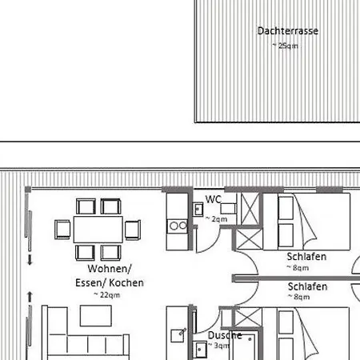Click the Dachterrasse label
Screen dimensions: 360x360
point(288,31)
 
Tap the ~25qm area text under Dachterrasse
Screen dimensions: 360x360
point(285,46)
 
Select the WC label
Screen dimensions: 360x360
point(213,199)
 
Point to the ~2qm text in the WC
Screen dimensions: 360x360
point(216,219)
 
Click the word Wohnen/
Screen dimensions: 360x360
point(110,269)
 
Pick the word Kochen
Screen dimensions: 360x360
point(126,282)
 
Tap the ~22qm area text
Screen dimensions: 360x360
point(106,295)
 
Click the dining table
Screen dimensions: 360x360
point(98,230)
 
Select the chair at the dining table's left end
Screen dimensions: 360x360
point(62,230)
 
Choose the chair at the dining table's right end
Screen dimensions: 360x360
point(133,230)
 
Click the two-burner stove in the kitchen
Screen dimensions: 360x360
point(178,226)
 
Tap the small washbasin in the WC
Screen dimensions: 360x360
point(198,210)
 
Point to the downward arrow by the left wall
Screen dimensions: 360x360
point(30,259)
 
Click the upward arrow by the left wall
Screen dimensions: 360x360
point(30,297)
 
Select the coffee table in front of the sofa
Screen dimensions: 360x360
point(96,316)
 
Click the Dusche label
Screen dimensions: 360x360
point(225,335)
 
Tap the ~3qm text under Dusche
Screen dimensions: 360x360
point(218,346)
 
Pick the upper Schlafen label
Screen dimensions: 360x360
point(306,257)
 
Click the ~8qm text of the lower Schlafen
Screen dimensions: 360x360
point(298,297)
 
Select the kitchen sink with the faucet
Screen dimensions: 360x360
point(178,335)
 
